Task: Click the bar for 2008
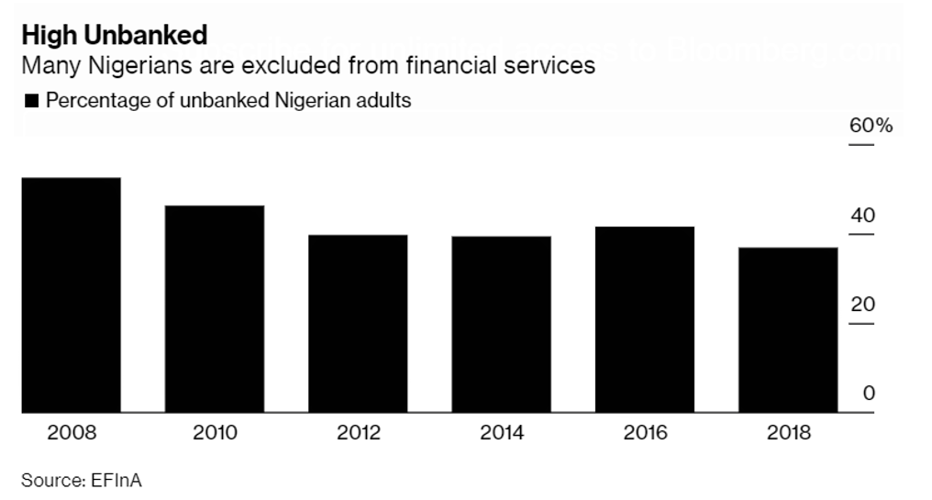coord(72,295)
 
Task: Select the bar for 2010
coord(215,309)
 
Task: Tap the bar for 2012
coord(358,324)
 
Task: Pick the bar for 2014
coord(502,325)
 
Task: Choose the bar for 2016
coord(645,319)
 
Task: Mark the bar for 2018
coord(788,330)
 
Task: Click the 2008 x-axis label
coord(72,433)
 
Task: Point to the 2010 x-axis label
coord(215,433)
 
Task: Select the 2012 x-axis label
coord(358,433)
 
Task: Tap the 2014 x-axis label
coord(502,433)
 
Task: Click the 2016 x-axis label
coord(645,433)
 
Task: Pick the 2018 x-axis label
coord(788,433)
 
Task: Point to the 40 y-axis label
coord(863,217)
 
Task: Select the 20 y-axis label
coord(863,305)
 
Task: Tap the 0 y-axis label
coord(869,394)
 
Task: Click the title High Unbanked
coord(115,36)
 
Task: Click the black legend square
coord(32,101)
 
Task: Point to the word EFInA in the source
coord(116,479)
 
